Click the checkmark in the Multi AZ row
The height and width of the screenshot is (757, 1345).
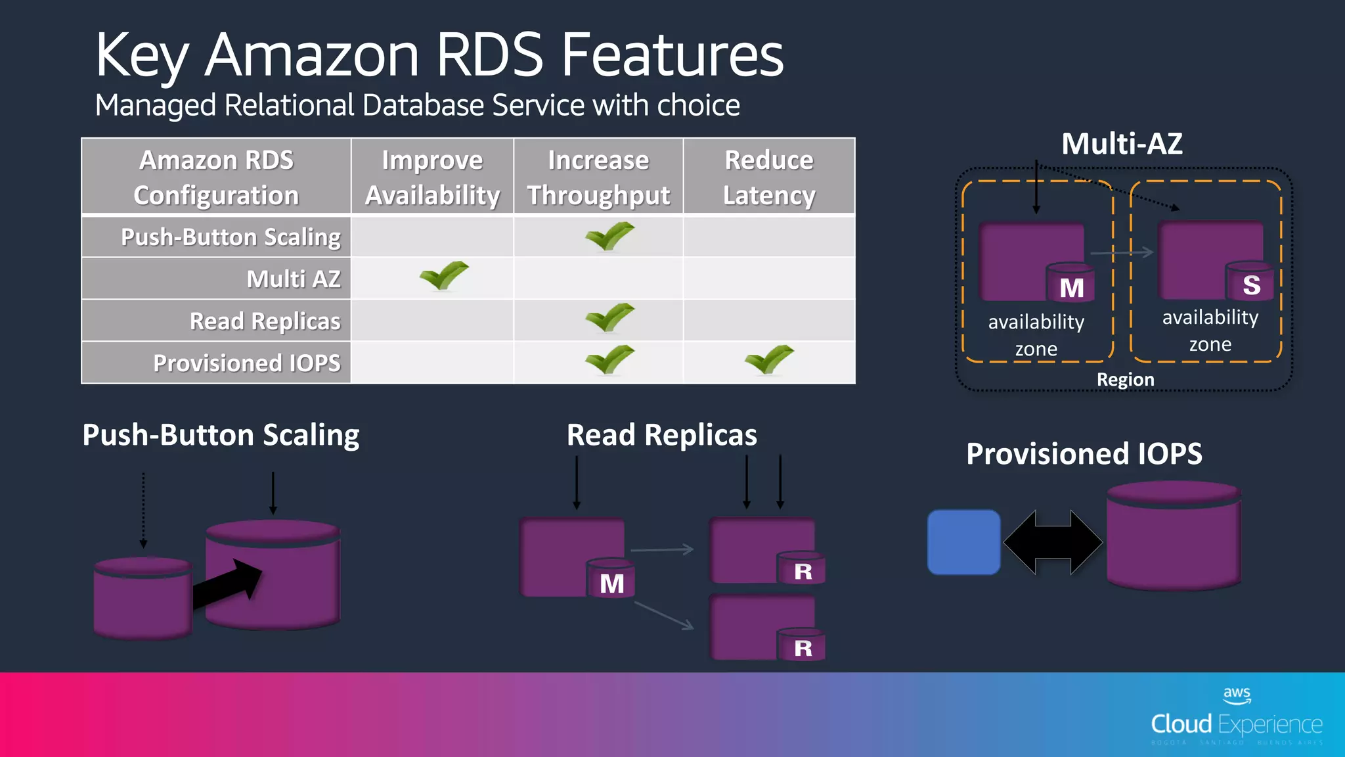coord(444,275)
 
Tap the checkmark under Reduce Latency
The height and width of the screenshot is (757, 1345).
coord(769,359)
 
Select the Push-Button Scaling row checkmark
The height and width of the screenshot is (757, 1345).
coord(609,236)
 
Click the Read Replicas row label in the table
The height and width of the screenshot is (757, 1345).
coord(265,321)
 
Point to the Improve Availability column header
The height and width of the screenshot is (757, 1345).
coord(432,177)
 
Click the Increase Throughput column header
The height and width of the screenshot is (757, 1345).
coord(598,177)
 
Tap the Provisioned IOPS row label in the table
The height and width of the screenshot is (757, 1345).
coord(247,363)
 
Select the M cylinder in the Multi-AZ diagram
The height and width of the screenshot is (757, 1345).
coord(1070,284)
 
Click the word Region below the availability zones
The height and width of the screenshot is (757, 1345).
coord(1125,380)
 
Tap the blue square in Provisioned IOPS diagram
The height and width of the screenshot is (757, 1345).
coord(963,542)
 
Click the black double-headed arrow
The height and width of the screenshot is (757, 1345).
coord(1053,542)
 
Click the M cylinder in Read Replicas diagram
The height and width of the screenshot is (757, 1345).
coord(611,579)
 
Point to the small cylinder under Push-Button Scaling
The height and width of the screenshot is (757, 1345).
coord(143,598)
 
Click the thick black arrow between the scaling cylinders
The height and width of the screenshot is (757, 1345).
coord(227,584)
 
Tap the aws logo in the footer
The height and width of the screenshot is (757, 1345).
coord(1236,695)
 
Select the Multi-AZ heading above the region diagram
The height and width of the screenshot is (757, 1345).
coord(1122,144)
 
